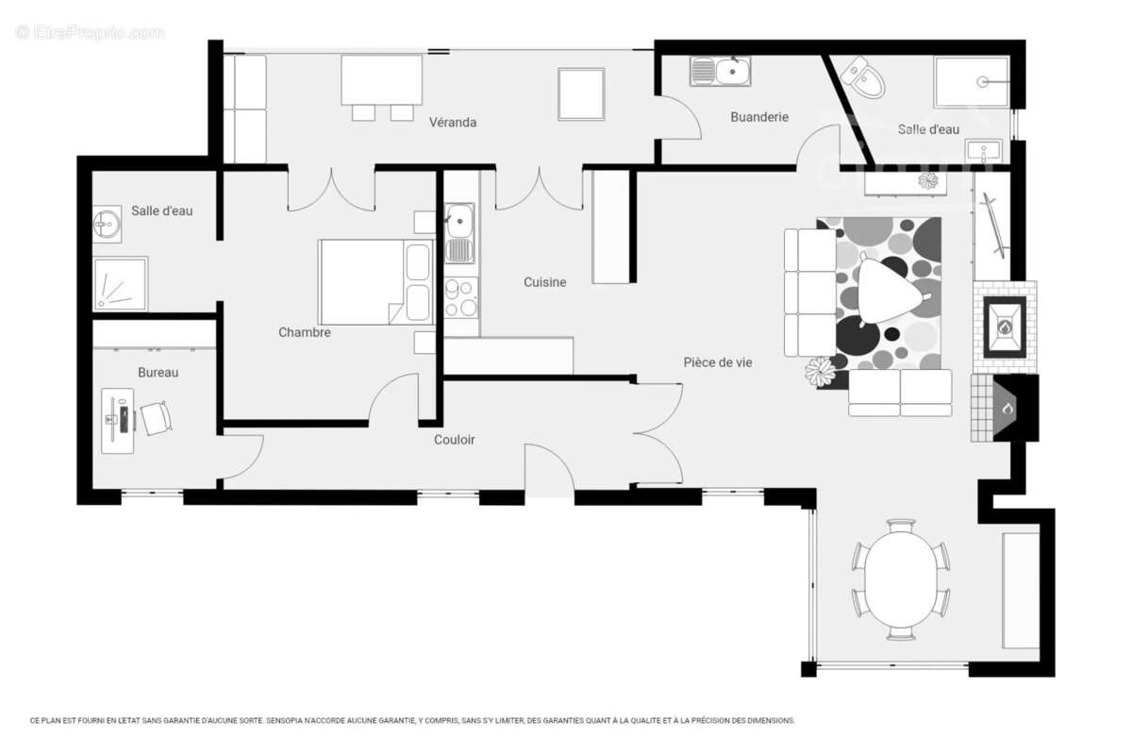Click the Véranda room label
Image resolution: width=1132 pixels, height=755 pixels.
[452, 123]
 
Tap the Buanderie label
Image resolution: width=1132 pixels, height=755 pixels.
[759, 117]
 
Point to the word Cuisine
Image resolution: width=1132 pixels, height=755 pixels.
[544, 282]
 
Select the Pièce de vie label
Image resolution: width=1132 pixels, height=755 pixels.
[718, 362]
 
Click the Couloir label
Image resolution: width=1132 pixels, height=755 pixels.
[455, 440]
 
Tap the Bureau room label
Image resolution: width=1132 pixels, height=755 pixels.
[158, 373]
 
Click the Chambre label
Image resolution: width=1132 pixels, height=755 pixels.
[304, 332]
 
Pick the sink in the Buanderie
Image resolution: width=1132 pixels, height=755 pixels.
[720, 71]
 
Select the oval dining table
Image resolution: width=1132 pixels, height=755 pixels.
[900, 579]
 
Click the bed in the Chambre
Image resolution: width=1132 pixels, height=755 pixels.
[376, 282]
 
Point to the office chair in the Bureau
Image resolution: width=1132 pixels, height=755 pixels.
[157, 418]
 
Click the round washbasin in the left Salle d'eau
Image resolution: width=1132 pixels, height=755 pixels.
[107, 224]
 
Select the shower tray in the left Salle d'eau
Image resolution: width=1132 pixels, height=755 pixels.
[121, 284]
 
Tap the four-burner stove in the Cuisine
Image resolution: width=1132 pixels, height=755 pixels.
[461, 297]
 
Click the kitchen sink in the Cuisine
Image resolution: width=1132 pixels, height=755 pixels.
[459, 233]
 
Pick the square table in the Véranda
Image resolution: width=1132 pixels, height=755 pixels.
[581, 94]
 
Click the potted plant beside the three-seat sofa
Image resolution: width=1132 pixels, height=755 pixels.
[820, 372]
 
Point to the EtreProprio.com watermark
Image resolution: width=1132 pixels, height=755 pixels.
[90, 33]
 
